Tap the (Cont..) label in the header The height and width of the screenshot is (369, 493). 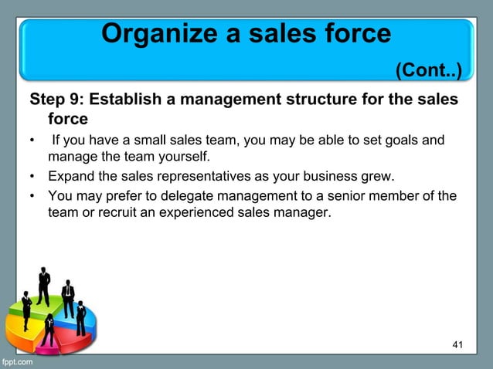click(x=429, y=72)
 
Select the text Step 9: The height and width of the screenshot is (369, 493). click(x=56, y=100)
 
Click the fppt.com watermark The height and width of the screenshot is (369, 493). click(x=17, y=361)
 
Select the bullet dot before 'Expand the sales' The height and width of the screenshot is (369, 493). click(x=32, y=177)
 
